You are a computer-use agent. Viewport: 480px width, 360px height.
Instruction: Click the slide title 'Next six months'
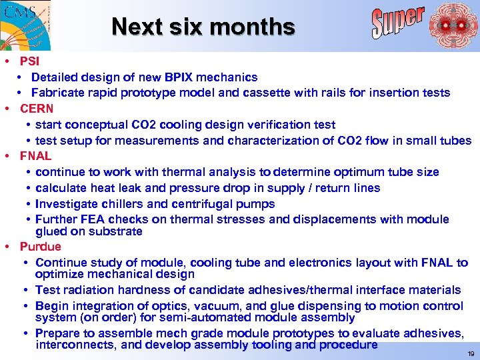(x=203, y=27)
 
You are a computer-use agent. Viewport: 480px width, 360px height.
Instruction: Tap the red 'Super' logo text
(x=397, y=21)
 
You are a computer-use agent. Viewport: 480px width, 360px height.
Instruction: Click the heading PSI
(x=29, y=61)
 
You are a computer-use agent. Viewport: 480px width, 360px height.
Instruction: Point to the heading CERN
(x=36, y=109)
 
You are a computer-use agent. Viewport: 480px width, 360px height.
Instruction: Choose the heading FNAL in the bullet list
(x=35, y=156)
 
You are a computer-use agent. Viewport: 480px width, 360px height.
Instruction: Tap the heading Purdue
(x=40, y=247)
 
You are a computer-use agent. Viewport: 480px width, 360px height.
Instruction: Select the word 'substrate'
(x=118, y=231)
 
